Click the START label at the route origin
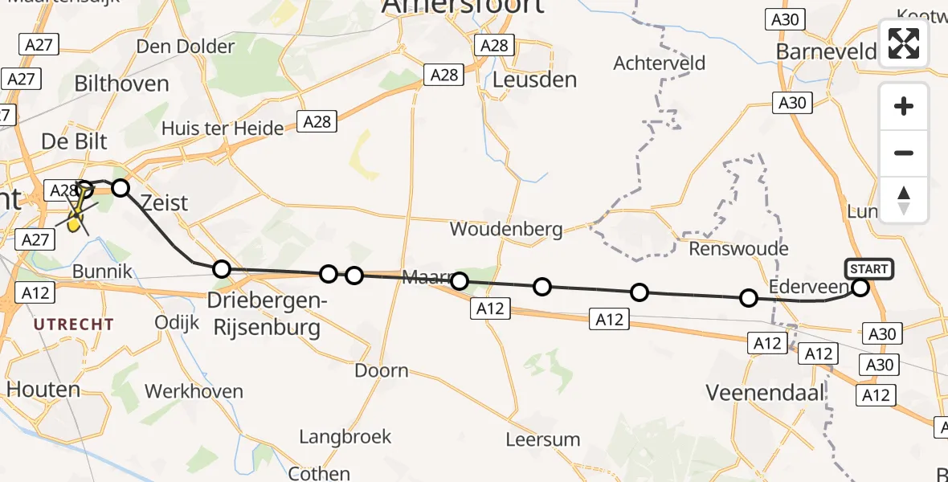click(x=868, y=269)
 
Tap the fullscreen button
click(x=904, y=43)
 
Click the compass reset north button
click(x=904, y=200)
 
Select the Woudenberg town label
click(x=506, y=229)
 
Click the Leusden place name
click(x=534, y=80)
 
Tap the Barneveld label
click(x=826, y=52)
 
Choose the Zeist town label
click(x=164, y=202)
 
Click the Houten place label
click(x=43, y=390)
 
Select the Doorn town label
click(x=382, y=371)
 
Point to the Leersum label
click(x=543, y=439)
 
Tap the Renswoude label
click(x=738, y=248)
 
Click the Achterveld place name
click(x=659, y=63)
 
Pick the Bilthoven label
click(x=121, y=84)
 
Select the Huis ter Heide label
click(x=223, y=129)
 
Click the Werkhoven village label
click(x=194, y=392)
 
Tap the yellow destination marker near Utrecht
click(x=75, y=223)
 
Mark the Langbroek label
click(x=345, y=437)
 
